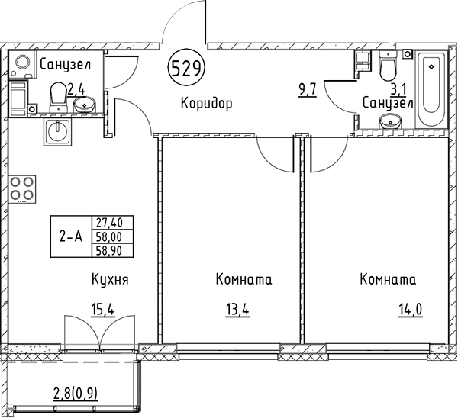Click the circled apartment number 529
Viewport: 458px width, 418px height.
(x=186, y=69)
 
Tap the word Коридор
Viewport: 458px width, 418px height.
(x=206, y=103)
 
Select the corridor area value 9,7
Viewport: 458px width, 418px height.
(x=307, y=92)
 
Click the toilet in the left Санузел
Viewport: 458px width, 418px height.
(x=58, y=95)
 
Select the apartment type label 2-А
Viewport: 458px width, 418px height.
(x=71, y=236)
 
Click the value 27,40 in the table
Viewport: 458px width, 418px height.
(x=111, y=223)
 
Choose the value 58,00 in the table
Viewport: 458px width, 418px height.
(x=111, y=236)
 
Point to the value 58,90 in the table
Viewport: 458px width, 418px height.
(x=111, y=249)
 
